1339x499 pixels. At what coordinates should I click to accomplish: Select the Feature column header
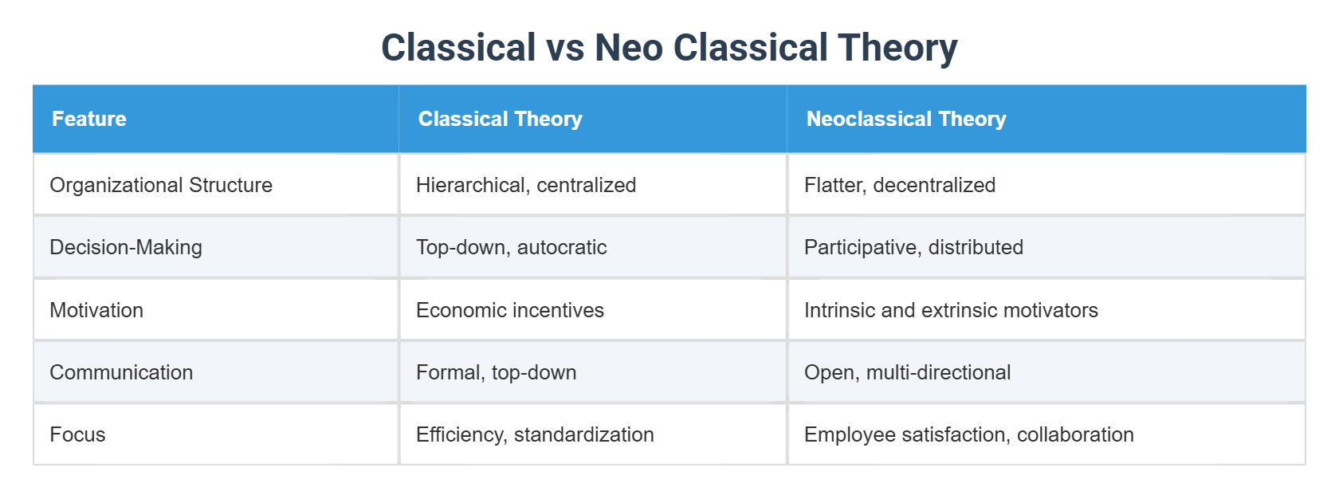[89, 119]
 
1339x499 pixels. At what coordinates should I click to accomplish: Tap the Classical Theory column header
[500, 119]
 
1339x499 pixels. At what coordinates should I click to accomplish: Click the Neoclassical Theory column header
[905, 119]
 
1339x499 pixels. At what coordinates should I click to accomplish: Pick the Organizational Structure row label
[161, 185]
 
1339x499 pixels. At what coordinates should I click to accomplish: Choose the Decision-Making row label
[126, 247]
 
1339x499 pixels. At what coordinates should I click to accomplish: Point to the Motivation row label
[96, 310]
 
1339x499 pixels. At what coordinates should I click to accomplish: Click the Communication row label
[121, 372]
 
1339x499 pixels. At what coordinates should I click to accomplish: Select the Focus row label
[77, 434]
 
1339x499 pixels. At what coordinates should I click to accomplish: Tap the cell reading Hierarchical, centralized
[526, 185]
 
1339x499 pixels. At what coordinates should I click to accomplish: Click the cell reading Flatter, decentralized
[900, 185]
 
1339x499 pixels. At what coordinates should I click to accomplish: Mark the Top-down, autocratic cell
[511, 247]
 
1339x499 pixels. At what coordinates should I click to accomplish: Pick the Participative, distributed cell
[913, 247]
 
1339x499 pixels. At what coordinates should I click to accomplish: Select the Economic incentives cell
[510, 310]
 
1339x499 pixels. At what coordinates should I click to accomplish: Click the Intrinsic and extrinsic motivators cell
[951, 310]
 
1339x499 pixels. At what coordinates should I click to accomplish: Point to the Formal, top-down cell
[496, 372]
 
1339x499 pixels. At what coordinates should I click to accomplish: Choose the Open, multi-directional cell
[907, 372]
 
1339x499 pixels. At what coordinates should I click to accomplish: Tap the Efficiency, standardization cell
[535, 434]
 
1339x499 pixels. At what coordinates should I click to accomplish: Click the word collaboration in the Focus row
[1075, 434]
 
